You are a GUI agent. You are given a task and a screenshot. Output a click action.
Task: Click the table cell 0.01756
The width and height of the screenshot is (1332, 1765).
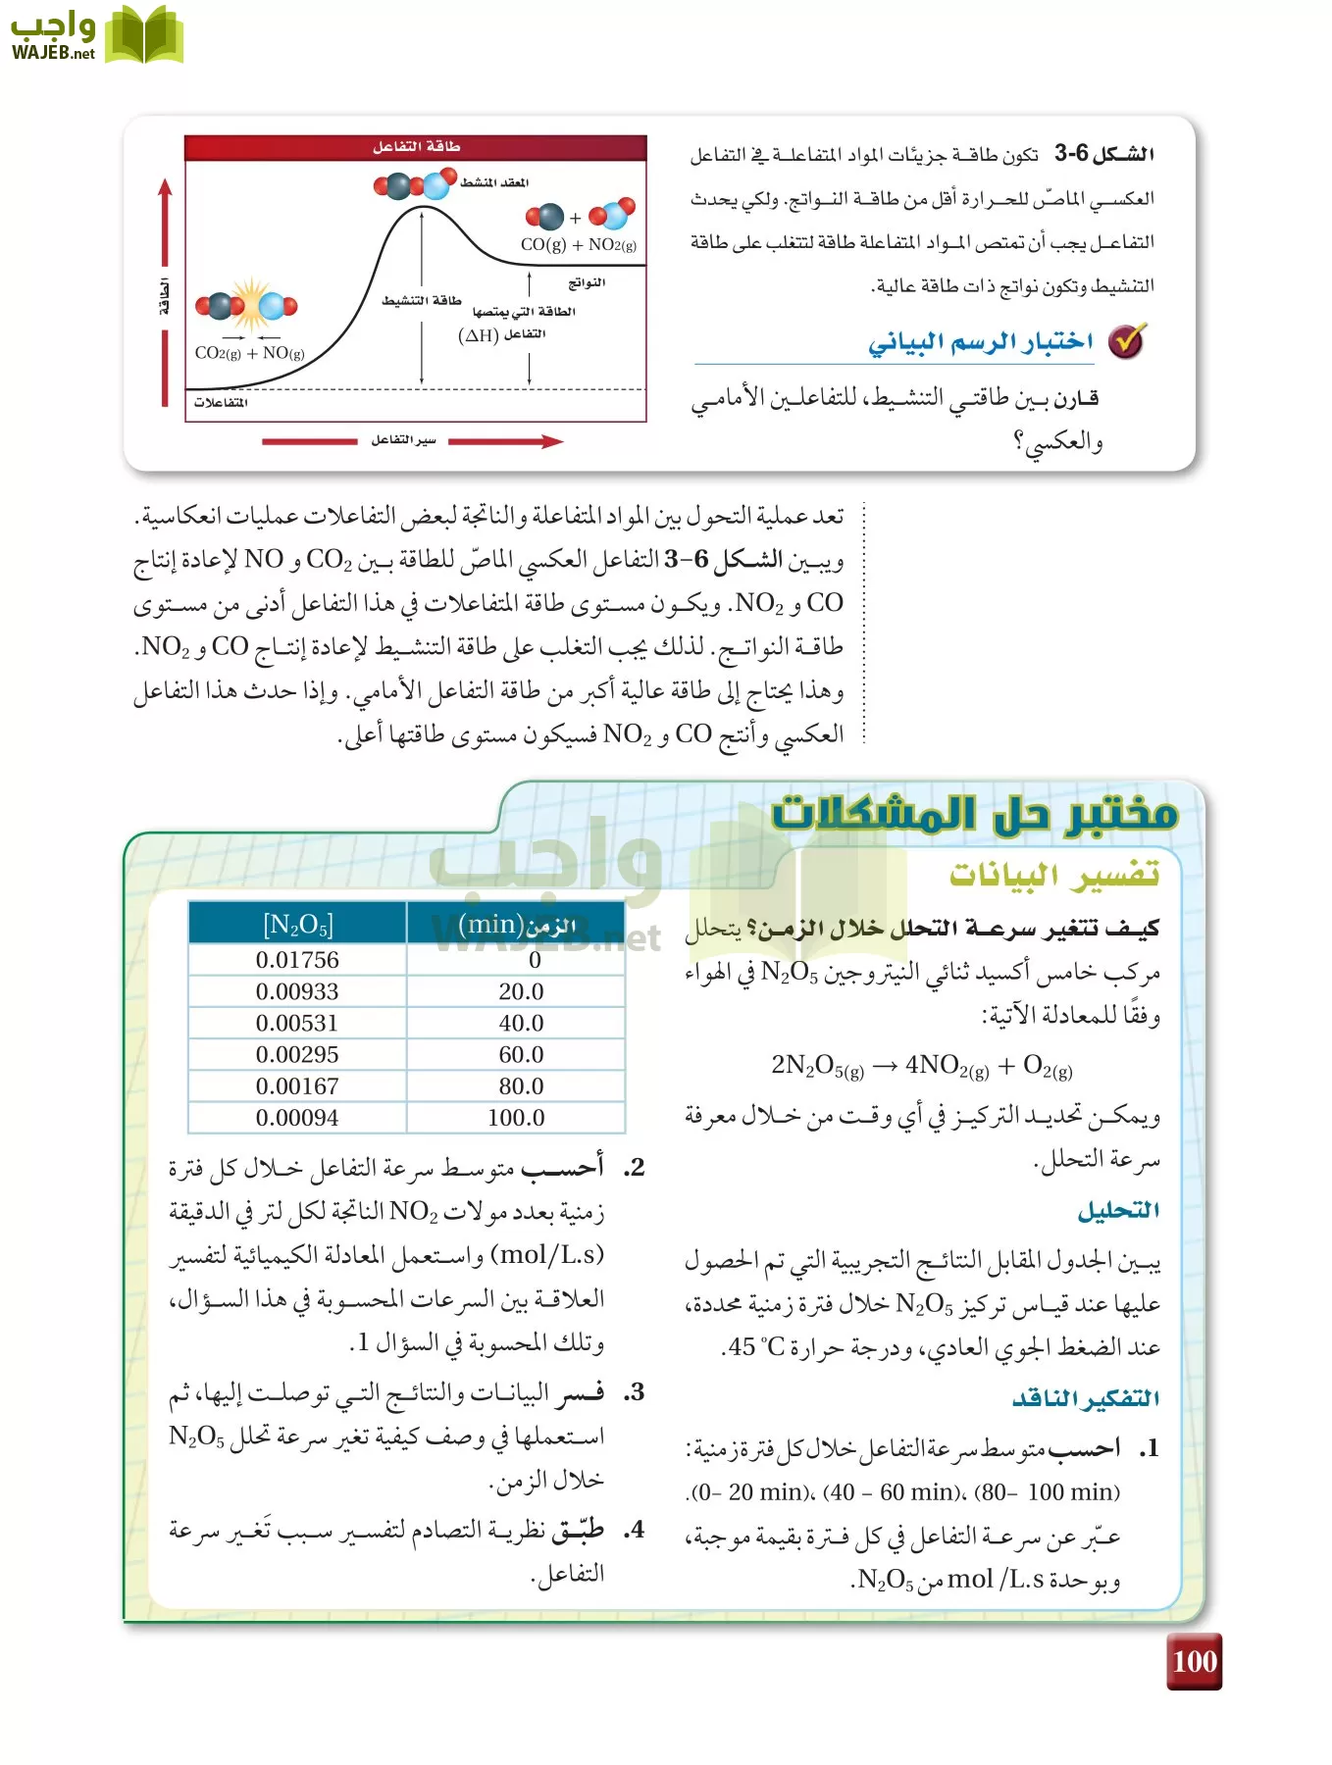tap(297, 960)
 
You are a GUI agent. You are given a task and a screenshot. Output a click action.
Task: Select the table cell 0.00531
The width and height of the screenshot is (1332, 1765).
tap(297, 1023)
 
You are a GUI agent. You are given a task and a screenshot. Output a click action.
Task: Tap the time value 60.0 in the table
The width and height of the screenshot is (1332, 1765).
tap(520, 1054)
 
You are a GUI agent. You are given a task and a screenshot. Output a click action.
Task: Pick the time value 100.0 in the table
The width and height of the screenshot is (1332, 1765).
tap(516, 1117)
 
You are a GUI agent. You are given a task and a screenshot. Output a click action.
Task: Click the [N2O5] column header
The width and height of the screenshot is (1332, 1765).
tap(297, 924)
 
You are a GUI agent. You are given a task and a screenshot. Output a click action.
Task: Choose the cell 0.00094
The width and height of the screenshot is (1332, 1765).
tap(297, 1117)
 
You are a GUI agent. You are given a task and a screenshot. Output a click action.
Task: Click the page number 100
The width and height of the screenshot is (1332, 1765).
tap(1194, 1661)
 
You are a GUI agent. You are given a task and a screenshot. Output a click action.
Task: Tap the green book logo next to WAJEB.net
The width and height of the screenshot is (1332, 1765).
tap(144, 36)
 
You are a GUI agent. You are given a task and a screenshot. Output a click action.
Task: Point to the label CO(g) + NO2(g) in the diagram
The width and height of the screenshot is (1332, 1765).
tap(578, 245)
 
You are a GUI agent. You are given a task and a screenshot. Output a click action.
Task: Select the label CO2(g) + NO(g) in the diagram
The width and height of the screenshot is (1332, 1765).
tap(249, 353)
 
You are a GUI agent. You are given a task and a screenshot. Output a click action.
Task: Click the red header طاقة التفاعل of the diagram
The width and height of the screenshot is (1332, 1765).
tap(416, 147)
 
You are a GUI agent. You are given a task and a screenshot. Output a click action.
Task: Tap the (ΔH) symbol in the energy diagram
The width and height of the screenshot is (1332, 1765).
tap(478, 335)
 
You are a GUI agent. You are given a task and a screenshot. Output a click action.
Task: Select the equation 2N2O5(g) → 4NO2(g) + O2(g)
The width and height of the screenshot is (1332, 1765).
tap(922, 1066)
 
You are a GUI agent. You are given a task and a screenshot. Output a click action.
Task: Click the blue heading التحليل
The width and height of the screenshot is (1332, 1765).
tap(1118, 1211)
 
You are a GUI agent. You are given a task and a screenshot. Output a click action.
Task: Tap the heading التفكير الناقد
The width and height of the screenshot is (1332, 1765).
tap(1086, 1398)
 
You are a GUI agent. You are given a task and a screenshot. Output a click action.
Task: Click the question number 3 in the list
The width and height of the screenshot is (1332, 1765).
tap(635, 1391)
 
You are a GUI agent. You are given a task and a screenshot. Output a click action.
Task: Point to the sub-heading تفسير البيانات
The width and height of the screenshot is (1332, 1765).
tap(1054, 873)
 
